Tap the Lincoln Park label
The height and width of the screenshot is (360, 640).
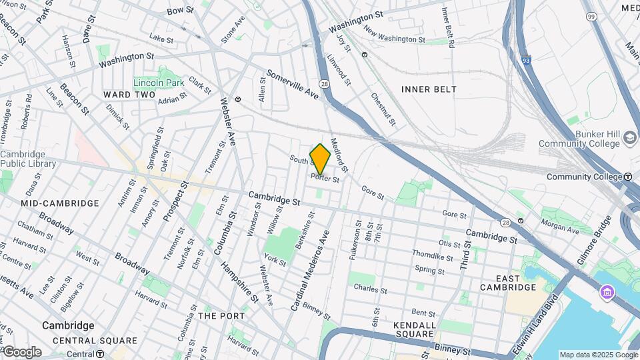(x=158, y=83)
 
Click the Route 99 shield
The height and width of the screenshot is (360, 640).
(x=591, y=15)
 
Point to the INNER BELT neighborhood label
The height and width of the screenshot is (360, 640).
(x=429, y=89)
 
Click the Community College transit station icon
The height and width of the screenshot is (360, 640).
(x=628, y=177)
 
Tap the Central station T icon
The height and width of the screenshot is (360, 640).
(x=99, y=354)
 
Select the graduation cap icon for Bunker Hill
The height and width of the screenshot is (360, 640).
(x=629, y=139)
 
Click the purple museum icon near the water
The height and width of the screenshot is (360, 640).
(x=606, y=292)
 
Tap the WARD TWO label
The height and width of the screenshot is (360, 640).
(x=129, y=95)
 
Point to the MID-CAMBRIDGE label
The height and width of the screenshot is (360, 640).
(x=59, y=203)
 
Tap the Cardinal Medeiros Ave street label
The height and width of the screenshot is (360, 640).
(x=309, y=270)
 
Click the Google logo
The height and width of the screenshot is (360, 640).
(x=21, y=352)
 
